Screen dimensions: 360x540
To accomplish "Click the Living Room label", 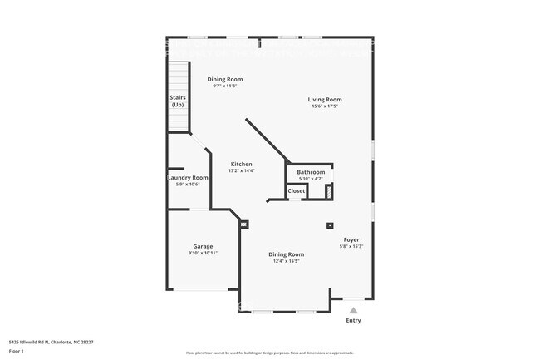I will tap(326, 100).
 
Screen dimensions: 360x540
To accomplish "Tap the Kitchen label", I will tap(241, 164).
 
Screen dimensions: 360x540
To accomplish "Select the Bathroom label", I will tap(311, 172).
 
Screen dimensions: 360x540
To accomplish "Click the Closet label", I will tap(297, 190).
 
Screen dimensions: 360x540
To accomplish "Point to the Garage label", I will tap(203, 246).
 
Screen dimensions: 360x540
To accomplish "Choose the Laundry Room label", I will tap(188, 177).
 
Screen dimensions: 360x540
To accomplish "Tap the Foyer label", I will tap(351, 239).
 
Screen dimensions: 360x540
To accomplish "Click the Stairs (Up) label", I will tap(178, 101).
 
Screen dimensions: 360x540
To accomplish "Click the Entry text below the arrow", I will tap(353, 320).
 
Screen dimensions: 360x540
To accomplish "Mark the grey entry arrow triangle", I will tap(353, 310).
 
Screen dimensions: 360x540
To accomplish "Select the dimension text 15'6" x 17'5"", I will tap(326, 106).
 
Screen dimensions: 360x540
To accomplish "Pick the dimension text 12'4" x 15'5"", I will tap(286, 261).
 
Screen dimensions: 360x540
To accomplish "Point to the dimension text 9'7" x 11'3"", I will tap(225, 86).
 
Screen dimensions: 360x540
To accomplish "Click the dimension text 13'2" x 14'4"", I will tap(241, 170).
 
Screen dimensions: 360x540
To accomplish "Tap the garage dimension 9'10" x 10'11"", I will tap(203, 253).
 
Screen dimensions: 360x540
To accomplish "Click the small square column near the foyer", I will tap(330, 225).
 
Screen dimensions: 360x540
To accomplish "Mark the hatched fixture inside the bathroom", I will tap(328, 190).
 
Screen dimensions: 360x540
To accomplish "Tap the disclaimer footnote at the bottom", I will tap(269, 353).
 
